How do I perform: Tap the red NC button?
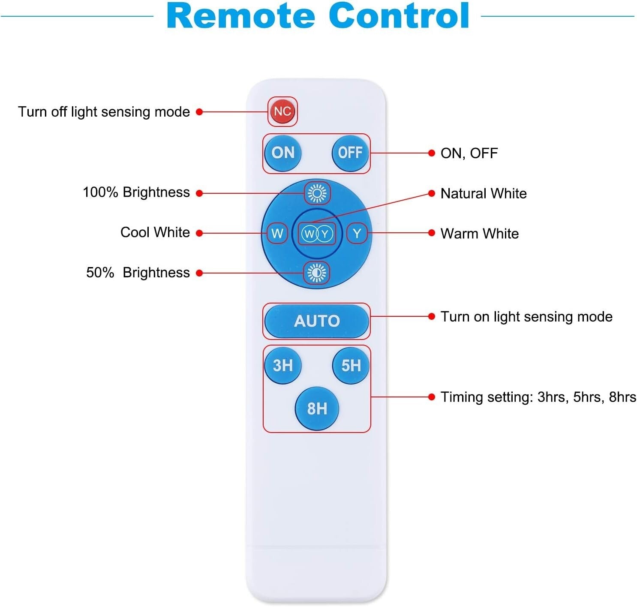click(x=282, y=111)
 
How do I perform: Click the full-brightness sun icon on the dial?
click(x=317, y=193)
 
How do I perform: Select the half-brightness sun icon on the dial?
click(x=317, y=273)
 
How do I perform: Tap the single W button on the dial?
click(x=277, y=234)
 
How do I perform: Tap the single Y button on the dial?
click(x=357, y=234)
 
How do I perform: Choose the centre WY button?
click(x=317, y=234)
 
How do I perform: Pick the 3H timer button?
click(x=283, y=365)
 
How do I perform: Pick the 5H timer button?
click(x=351, y=365)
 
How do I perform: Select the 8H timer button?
click(x=317, y=408)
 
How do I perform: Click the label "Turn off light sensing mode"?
click(x=104, y=112)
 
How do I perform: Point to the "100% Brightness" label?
click(x=136, y=192)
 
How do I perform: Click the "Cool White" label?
click(x=155, y=232)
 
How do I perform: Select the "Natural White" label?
click(x=484, y=193)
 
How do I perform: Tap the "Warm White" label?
click(x=480, y=234)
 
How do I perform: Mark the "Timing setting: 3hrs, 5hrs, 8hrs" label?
click(x=538, y=397)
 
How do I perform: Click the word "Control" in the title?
click(x=399, y=16)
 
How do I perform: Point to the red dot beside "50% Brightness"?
click(x=199, y=273)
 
